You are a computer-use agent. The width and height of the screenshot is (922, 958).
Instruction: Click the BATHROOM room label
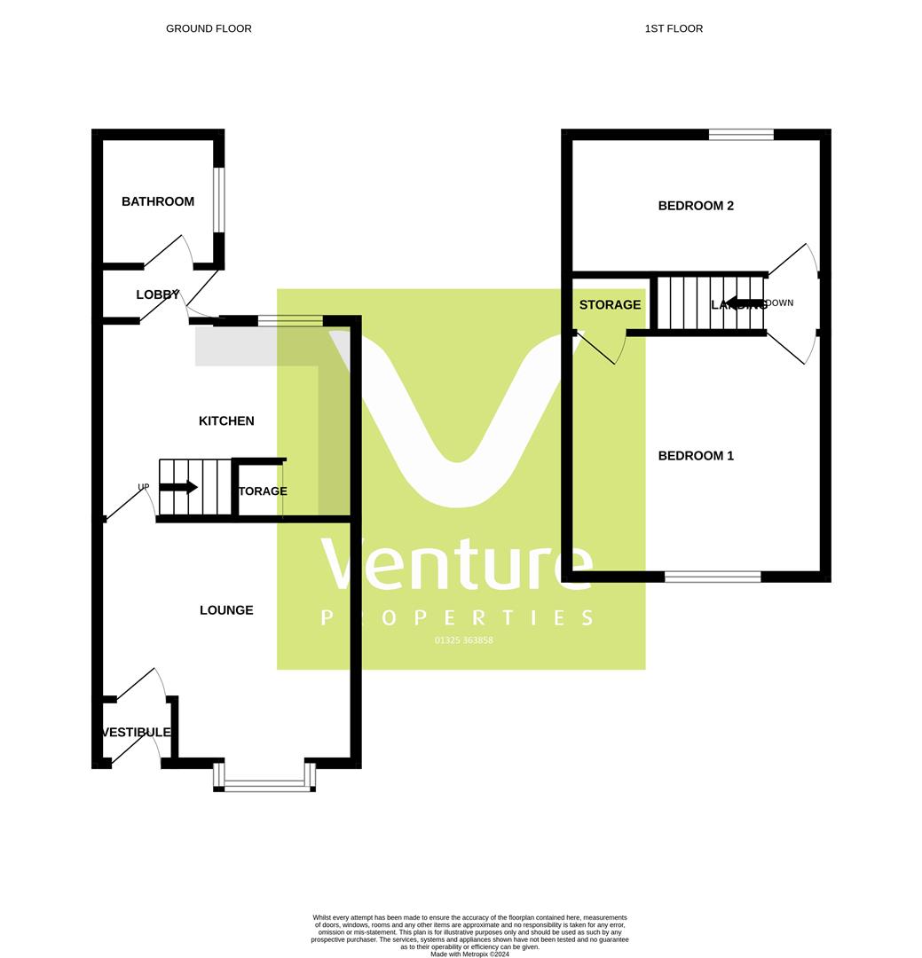pos(158,201)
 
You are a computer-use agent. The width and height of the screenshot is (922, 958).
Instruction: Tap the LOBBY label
pos(157,294)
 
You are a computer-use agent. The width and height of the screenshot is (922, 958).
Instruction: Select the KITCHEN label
pos(226,420)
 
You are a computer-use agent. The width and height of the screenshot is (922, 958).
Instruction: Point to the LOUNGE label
pos(226,610)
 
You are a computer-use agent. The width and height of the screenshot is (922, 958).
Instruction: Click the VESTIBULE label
pos(137,733)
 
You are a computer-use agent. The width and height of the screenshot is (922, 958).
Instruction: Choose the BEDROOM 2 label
pos(696,206)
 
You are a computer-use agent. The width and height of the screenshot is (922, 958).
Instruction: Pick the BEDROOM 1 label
pos(696,456)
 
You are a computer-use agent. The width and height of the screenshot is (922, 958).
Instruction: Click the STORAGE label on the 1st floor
pos(610,304)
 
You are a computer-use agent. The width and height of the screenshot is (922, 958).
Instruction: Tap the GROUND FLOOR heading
pos(209,28)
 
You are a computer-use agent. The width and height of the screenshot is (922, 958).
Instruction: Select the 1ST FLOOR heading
pos(674,28)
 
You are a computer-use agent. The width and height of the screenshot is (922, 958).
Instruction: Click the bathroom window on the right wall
pos(219,200)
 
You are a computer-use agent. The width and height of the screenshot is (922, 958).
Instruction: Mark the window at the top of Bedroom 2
pos(741,135)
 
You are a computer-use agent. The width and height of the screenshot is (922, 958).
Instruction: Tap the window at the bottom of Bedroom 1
pos(713,577)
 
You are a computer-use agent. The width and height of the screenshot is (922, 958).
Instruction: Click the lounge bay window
pos(264,784)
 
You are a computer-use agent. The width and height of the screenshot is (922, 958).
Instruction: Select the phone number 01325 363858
pos(463,640)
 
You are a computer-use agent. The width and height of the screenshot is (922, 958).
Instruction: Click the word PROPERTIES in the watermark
pos(457,617)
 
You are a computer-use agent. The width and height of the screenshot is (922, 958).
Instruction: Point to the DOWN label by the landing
pos(778,303)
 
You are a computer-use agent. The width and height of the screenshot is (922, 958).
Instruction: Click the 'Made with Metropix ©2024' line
pos(469,954)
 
